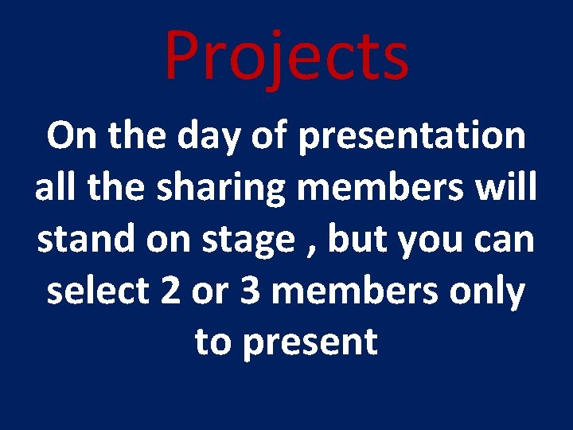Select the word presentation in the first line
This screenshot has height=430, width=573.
411,137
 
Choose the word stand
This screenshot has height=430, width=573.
83,240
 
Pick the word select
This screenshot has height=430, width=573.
97,291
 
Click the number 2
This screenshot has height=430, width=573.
170,292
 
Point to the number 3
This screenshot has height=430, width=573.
250,292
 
